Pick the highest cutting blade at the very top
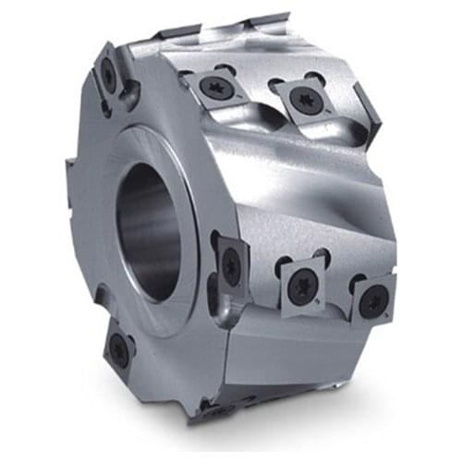[x=268, y=20]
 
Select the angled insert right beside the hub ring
[x=230, y=264]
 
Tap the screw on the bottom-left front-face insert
[x=119, y=349]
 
